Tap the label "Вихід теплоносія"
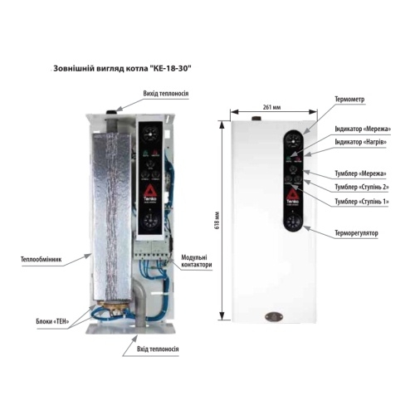tap(166, 93)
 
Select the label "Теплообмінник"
tap(41, 259)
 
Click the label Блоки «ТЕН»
tap(52, 321)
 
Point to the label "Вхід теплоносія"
tap(158, 349)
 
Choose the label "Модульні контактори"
tap(197, 261)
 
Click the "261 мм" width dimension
tap(271, 107)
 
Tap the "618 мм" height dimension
tap(217, 220)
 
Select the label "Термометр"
tap(349, 99)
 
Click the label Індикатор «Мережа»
tap(363, 129)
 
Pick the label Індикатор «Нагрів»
tap(360, 142)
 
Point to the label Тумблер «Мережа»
tap(360, 173)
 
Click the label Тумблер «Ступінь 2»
tap(362, 187)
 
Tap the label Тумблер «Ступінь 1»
tap(362, 202)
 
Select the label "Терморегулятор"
tap(356, 233)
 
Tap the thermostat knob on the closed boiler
tap(293, 222)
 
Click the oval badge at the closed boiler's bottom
tap(274, 316)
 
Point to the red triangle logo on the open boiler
tap(150, 190)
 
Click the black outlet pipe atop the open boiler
tap(111, 113)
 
